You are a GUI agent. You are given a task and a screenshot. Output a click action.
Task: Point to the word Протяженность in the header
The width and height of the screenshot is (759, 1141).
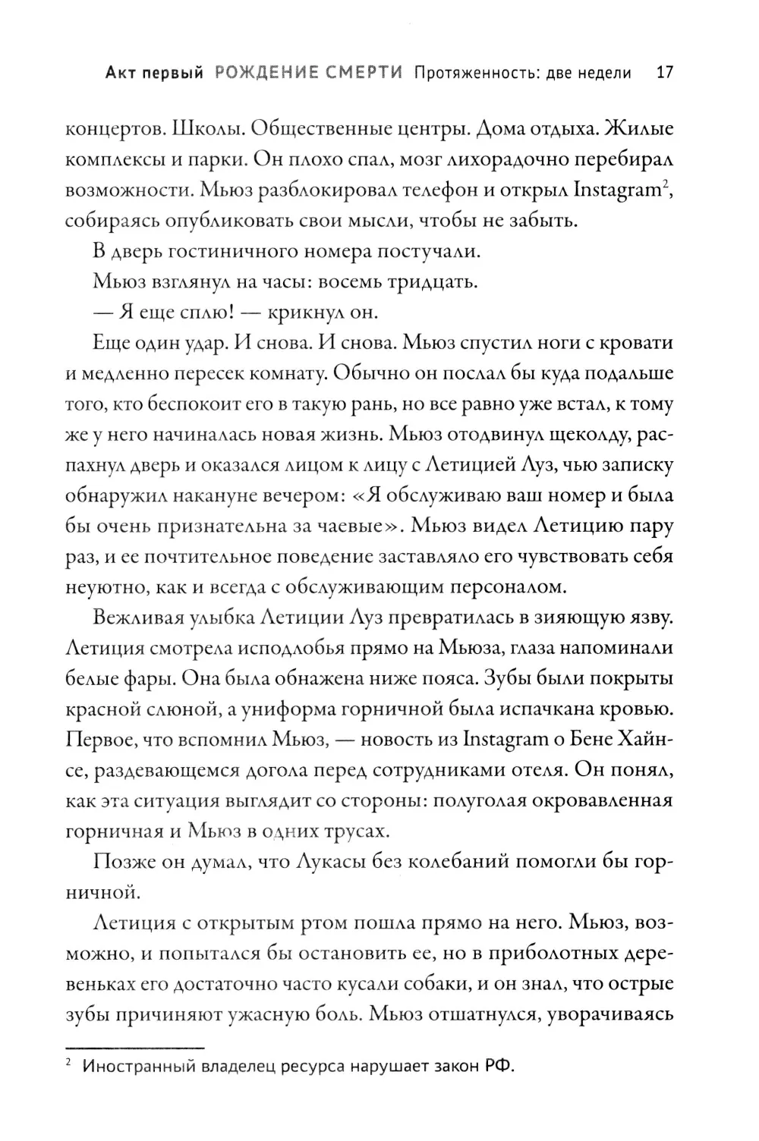point(472,73)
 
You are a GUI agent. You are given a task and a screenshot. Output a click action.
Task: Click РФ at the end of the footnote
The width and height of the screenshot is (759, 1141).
point(498,1067)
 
